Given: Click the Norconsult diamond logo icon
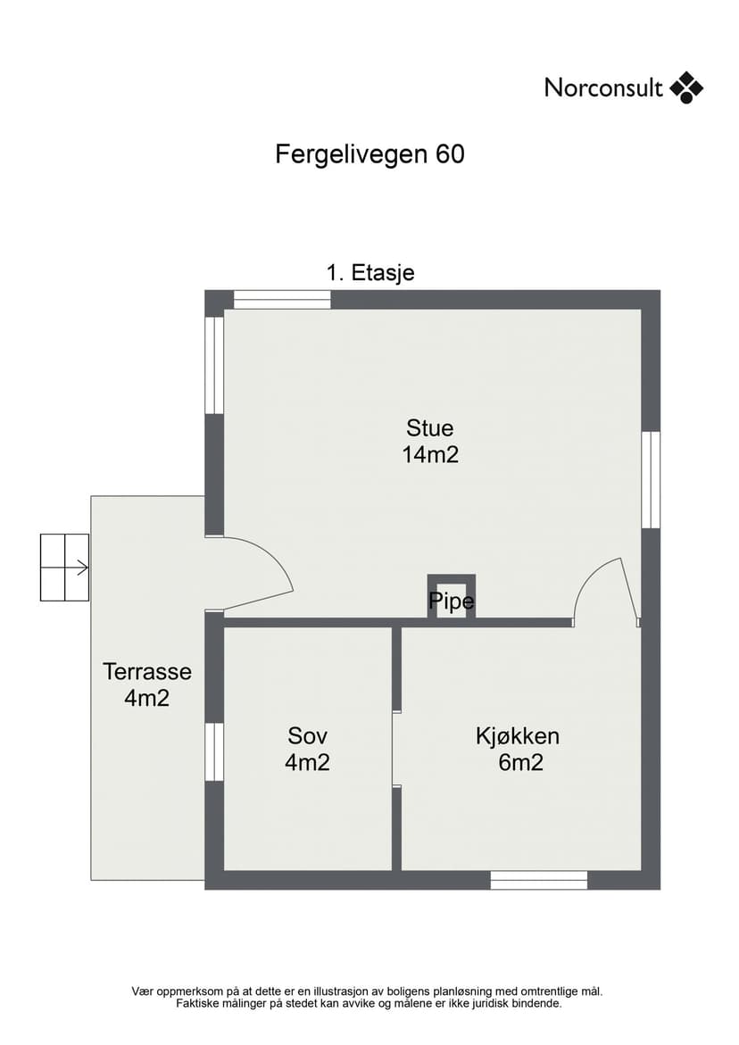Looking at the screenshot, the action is point(686,88).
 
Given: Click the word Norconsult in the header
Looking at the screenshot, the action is point(603,88).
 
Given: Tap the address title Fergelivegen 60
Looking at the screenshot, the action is point(369,154).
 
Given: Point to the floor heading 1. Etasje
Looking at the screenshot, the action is point(370,272).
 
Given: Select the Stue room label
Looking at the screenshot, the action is point(430,427).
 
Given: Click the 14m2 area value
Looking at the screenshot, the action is point(430,454).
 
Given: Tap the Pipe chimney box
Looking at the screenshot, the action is point(451,598).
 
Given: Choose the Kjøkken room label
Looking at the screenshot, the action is point(518,735).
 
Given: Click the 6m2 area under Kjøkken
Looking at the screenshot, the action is point(520,762).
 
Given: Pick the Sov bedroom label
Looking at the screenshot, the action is point(307,735).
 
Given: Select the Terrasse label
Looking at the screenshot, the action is point(147,671).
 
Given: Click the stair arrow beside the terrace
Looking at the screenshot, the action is point(82,568).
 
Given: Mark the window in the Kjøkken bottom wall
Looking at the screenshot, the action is point(539,880).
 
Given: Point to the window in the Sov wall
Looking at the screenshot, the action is point(214,752).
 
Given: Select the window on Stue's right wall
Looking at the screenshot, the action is point(651,480).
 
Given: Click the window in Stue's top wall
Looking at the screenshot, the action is point(283,300).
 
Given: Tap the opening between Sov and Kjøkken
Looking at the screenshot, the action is point(396,750).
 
